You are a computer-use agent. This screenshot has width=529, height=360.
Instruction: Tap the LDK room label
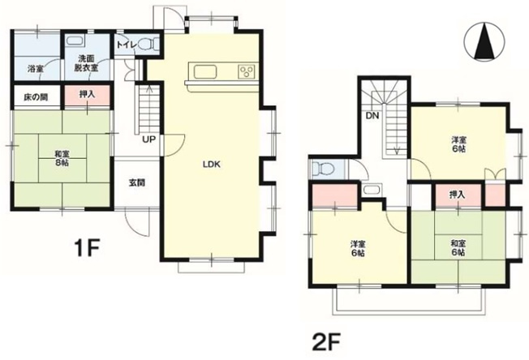[212, 165]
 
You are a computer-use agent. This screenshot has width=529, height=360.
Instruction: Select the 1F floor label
[86, 247]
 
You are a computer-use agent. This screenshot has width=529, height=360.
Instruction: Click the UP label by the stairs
[148, 139]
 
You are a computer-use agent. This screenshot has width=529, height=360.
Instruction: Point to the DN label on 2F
[372, 116]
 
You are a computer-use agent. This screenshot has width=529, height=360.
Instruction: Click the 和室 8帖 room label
[62, 158]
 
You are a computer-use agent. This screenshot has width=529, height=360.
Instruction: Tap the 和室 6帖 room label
[458, 248]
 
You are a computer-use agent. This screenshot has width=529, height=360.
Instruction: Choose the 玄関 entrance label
[137, 183]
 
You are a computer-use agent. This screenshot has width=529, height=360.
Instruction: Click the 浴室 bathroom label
[35, 69]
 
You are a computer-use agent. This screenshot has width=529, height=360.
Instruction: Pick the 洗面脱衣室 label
[86, 63]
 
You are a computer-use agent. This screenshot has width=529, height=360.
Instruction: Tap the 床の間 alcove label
[36, 97]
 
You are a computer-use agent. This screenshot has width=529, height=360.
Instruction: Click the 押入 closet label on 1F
[87, 94]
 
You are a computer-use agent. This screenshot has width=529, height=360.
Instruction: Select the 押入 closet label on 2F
[458, 195]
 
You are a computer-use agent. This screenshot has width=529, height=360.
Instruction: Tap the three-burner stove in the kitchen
[247, 71]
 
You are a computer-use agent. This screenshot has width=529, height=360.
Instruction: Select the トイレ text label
[127, 45]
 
